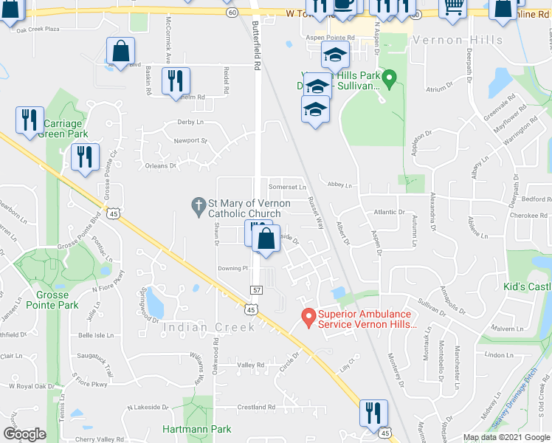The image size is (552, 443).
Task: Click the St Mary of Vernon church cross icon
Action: click(198, 206)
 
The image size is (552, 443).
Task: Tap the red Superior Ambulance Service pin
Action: click(307, 317)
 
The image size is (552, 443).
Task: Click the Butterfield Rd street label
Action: click(257, 45)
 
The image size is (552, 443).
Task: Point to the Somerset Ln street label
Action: click(287, 188)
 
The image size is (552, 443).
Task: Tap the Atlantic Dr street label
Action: click(390, 213)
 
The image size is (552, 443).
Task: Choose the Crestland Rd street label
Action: click(256, 408)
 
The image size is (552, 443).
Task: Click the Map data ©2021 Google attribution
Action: click(508, 437)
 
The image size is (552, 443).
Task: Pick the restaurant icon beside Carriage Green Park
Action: click(30, 120)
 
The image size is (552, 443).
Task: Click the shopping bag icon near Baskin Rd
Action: click(120, 52)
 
